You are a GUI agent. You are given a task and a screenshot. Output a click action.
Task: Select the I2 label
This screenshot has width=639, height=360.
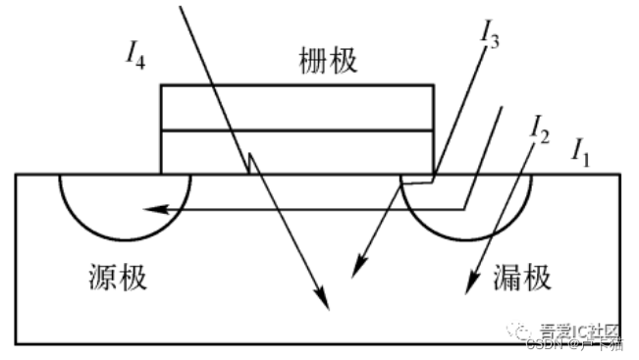pos(538,125)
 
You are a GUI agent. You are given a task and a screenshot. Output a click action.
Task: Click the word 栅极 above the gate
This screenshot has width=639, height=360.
pos(327,62)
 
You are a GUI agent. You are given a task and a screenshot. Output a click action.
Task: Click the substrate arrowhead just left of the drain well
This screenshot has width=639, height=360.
pos(358,268)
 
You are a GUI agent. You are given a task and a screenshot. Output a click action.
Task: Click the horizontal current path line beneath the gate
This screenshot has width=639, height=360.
pos(294,208)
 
